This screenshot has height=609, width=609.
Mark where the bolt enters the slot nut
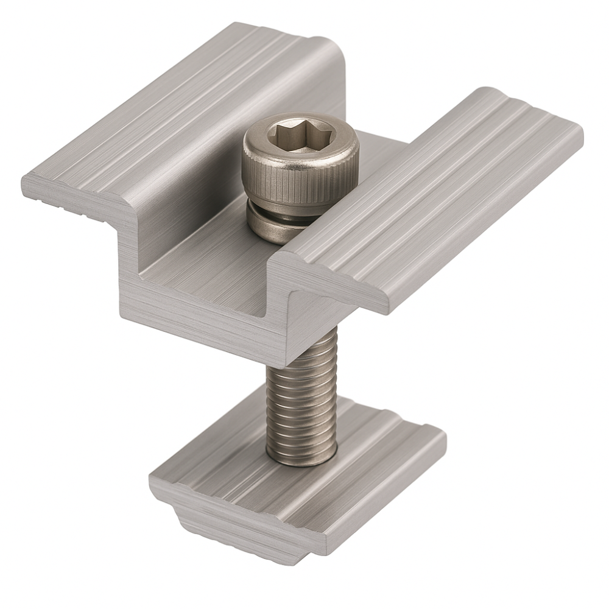click(x=301, y=460)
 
